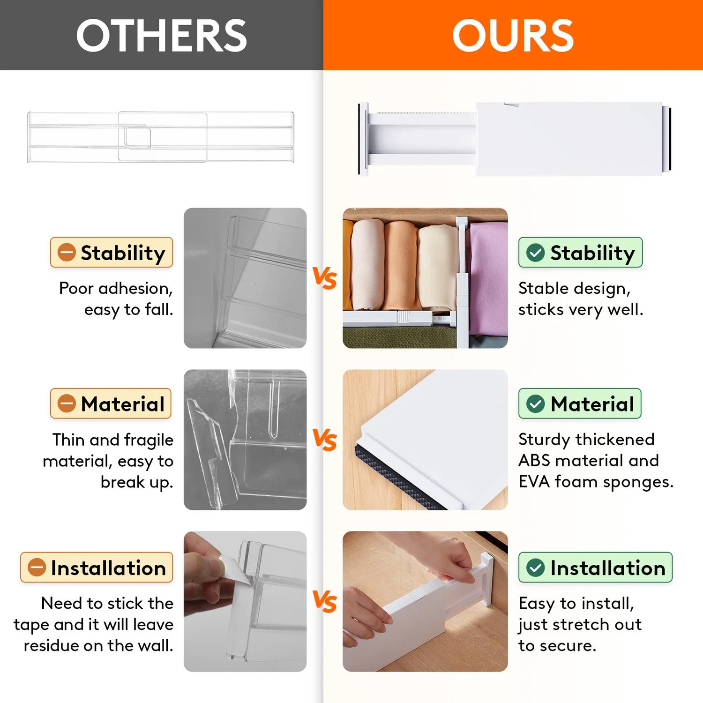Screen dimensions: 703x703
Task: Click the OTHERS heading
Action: (162, 36)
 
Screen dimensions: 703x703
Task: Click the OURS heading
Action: (513, 36)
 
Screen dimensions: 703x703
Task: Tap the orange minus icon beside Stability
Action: (67, 253)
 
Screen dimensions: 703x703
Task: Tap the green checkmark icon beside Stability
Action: (536, 253)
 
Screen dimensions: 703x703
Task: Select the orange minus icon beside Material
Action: (67, 404)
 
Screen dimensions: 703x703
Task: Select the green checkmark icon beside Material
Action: (536, 404)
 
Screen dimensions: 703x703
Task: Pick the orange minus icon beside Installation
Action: (37, 568)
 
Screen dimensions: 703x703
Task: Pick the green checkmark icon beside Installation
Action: (536, 568)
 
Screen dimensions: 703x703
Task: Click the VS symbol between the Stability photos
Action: (325, 278)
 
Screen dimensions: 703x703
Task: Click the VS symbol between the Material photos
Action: (325, 440)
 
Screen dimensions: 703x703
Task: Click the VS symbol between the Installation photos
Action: (325, 601)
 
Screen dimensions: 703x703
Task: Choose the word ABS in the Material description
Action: (534, 460)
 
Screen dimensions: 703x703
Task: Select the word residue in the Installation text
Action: (51, 645)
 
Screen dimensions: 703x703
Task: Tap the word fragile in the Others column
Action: (149, 440)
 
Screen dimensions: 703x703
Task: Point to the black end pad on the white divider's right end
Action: (670, 139)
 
